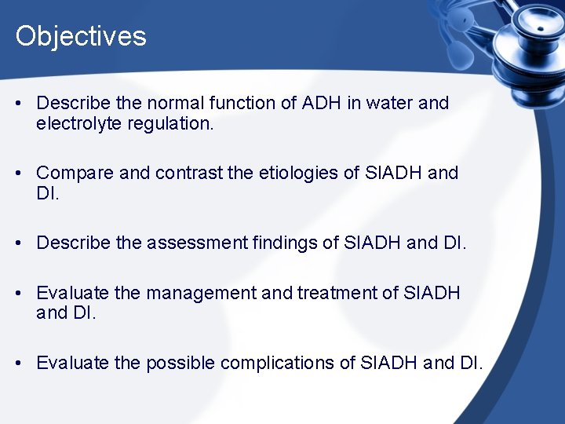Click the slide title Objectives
coord(81,36)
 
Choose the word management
coord(201,293)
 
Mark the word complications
coord(290,363)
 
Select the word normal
coord(165,103)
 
